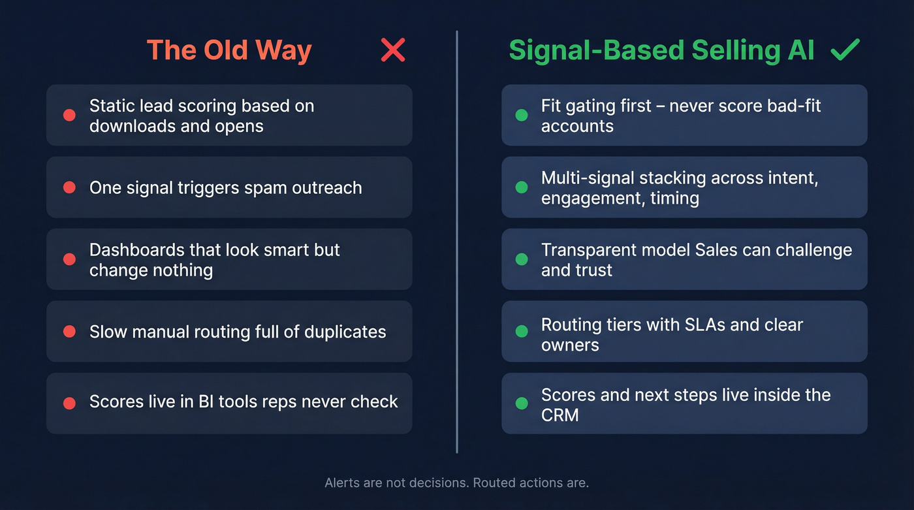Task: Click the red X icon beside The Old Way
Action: (393, 50)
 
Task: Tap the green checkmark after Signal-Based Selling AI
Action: (845, 50)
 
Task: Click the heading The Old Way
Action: (229, 50)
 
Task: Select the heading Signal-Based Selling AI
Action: (661, 50)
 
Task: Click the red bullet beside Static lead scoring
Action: (69, 116)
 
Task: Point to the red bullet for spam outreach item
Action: (69, 187)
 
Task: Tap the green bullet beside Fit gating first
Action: (522, 116)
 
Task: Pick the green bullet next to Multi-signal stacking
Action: (522, 187)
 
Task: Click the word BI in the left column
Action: (206, 402)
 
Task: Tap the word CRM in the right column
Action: (559, 415)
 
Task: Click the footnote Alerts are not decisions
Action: (456, 483)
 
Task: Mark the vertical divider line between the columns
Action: (457, 242)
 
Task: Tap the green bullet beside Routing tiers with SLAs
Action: (522, 332)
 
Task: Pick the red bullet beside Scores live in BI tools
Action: (69, 404)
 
